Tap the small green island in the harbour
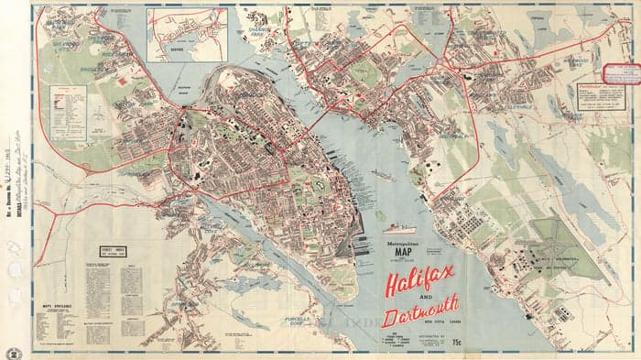coord(379,215)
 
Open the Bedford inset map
coord(186,34)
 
